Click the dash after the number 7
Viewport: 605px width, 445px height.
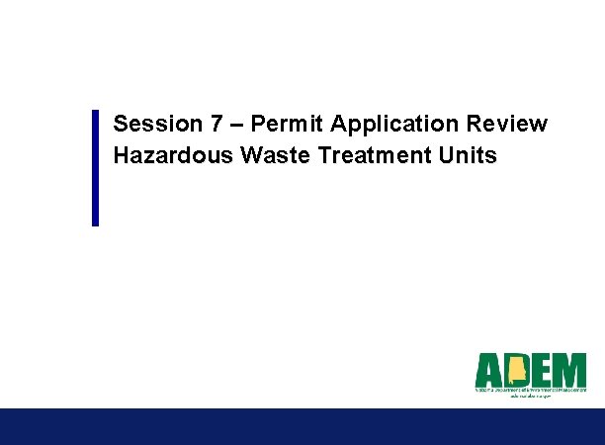236,125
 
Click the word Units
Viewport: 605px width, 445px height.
469,156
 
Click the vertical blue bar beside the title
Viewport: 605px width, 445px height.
96,167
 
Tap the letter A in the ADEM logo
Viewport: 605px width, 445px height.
490,371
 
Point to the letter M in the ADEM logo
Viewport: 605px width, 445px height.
570,371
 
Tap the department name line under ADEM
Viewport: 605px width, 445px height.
531,392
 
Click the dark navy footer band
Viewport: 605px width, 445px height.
302,426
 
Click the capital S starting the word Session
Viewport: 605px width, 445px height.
121,125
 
